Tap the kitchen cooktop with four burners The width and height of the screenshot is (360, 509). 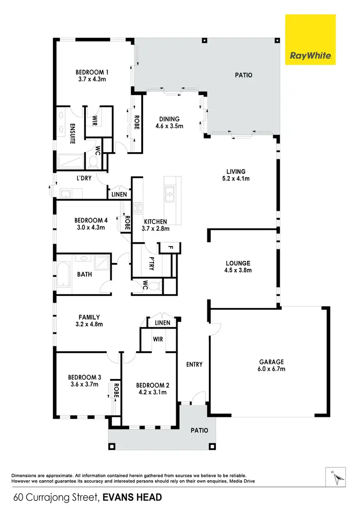point(138,209)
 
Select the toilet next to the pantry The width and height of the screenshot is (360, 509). point(153,286)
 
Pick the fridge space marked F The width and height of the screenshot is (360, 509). point(169,248)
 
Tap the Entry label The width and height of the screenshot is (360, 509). point(194,365)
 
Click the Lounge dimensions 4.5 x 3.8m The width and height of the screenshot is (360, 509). point(239,271)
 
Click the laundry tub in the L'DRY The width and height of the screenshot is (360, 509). point(66,193)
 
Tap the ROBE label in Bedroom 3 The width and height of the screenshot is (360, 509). point(116,389)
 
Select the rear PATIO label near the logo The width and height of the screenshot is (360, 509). point(243,75)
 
